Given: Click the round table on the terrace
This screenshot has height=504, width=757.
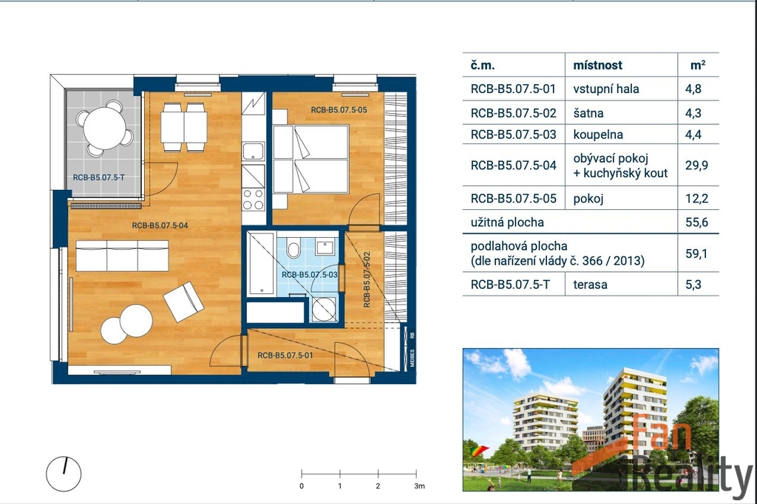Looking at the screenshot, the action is tap(104, 128).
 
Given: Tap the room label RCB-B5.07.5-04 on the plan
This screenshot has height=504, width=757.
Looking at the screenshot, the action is tap(160, 225).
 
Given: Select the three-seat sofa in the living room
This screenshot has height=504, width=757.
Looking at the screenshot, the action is tap(122, 256).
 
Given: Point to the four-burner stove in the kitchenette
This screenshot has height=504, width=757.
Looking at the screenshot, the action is tap(254, 200).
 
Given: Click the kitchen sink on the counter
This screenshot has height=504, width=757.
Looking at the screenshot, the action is tap(253, 151).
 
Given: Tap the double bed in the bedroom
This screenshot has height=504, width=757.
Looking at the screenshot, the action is tap(310, 159).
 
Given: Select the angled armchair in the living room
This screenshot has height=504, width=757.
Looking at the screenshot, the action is tap(183, 302).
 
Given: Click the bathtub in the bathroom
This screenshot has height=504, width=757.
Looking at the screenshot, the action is tap(261, 264).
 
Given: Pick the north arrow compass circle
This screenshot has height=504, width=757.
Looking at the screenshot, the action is tap(64, 474).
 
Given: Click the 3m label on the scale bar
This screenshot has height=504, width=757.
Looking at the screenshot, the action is tap(419, 486).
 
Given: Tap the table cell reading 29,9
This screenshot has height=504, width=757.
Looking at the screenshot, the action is tap(696, 165).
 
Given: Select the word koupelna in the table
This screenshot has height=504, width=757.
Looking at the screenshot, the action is tap(597, 134).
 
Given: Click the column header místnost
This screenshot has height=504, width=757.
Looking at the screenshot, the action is tap(597, 65).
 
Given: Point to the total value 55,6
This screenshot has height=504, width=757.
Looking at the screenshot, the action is tap(696, 222).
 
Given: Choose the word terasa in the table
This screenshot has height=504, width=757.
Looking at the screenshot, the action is tap(590, 285).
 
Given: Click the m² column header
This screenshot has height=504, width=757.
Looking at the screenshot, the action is tap(698, 65).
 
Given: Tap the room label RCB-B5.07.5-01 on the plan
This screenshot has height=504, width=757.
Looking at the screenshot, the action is tap(285, 355).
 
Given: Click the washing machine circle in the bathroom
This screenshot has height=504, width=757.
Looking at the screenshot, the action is tap(324, 309).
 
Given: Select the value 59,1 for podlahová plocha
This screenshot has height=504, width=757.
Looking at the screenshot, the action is tap(696, 253).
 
